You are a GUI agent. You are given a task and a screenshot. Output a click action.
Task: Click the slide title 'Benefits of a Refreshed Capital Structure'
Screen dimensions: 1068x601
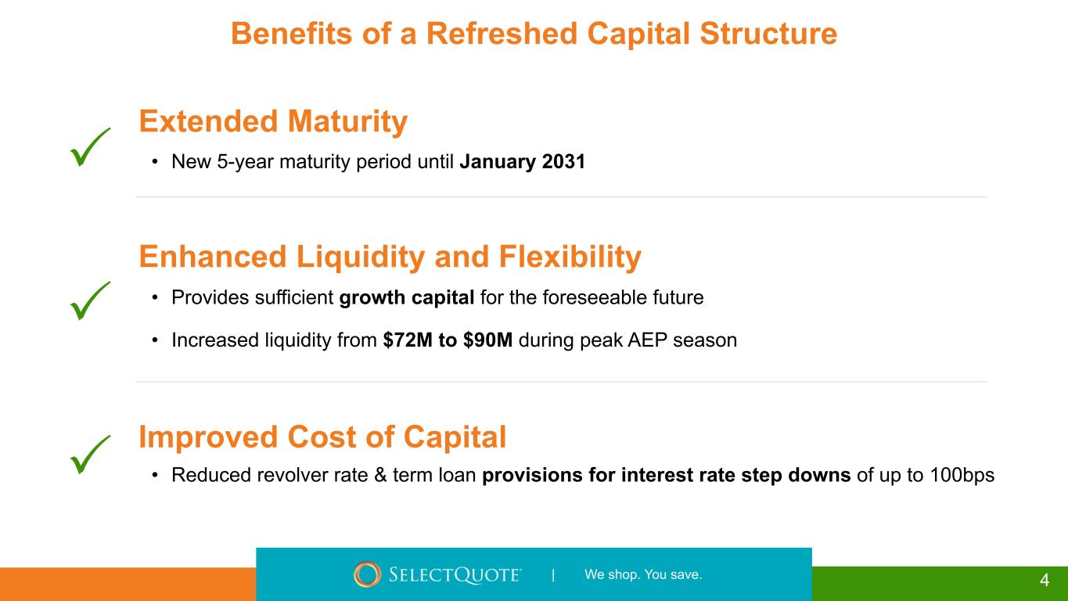(534, 34)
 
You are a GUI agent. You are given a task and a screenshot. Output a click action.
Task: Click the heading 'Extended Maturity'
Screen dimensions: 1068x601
(273, 121)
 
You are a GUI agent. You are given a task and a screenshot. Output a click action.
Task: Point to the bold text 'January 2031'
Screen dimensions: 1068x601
(522, 162)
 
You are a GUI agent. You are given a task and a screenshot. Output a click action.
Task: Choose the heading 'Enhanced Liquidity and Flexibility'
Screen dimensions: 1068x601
(390, 257)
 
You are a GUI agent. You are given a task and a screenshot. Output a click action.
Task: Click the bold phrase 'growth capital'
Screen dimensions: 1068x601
(406, 298)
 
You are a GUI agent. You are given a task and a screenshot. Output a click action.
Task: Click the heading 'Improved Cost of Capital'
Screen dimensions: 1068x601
(322, 437)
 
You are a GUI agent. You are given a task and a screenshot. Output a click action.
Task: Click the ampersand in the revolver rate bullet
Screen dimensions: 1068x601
(380, 475)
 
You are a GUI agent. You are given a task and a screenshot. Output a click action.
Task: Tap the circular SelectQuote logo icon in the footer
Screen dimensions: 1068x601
(367, 574)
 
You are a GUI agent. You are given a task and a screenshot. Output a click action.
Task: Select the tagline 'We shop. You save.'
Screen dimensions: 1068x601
(643, 574)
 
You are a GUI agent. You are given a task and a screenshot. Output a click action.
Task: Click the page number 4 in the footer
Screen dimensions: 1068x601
(1045, 580)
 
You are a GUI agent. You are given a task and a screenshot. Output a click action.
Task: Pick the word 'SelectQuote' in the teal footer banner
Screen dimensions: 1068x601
(455, 574)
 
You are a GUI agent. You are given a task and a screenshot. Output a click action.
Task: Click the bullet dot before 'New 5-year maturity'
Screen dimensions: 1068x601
(154, 162)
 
